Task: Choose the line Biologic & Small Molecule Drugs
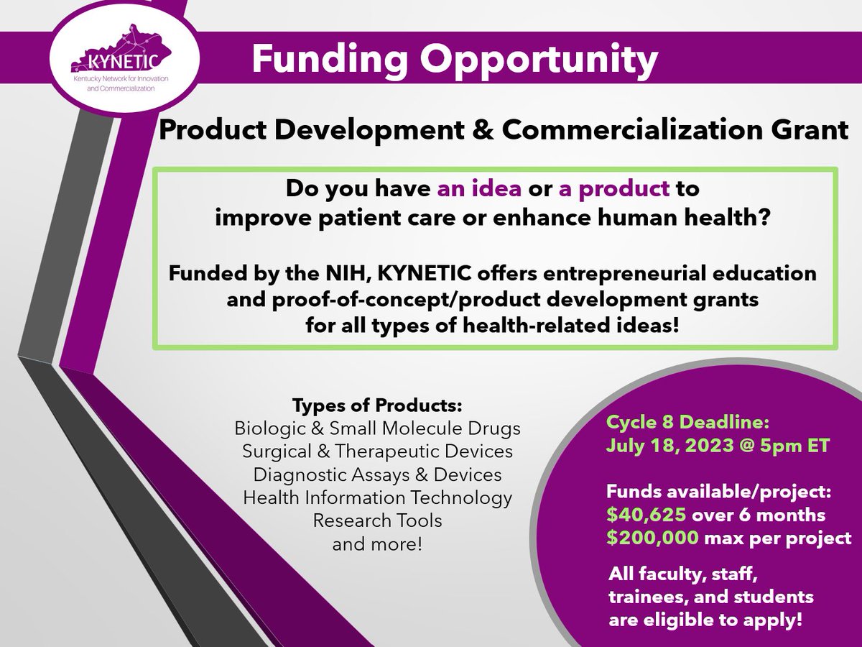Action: click(377, 429)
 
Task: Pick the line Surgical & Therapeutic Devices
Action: click(377, 452)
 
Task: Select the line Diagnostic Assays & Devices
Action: click(377, 475)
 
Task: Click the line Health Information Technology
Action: click(377, 497)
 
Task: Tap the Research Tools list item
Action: click(377, 520)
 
